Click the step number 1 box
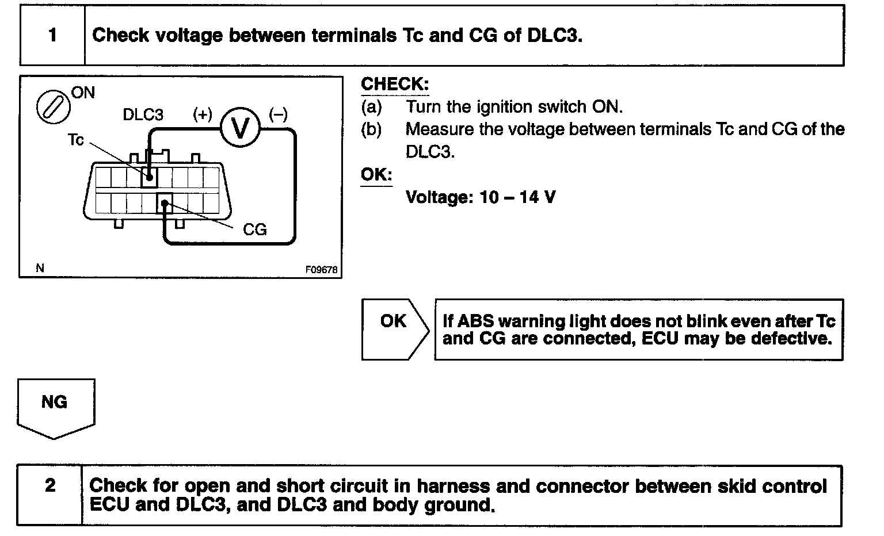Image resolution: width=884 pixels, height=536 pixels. coord(52,36)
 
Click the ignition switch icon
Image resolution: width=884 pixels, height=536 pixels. coord(50,107)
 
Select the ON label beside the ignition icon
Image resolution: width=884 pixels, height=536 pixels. coord(83,93)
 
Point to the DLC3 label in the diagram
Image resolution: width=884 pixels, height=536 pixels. coord(143,115)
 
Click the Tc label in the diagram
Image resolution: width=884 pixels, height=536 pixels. coord(76,140)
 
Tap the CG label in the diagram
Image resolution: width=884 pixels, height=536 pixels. coord(255,230)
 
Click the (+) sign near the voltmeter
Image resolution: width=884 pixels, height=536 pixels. coord(203,114)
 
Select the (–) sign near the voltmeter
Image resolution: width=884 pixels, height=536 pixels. coord(278,114)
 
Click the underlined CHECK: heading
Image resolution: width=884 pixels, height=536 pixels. coord(395,85)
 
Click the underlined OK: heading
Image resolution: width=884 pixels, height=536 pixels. coord(376,174)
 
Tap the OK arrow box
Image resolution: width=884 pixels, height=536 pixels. coord(395,329)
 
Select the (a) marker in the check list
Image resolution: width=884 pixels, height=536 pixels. coord(372,107)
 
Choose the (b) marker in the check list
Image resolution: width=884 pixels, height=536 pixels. coord(372,129)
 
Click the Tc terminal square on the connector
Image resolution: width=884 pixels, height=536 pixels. coord(149,177)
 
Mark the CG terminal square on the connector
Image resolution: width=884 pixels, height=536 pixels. coord(165,203)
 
